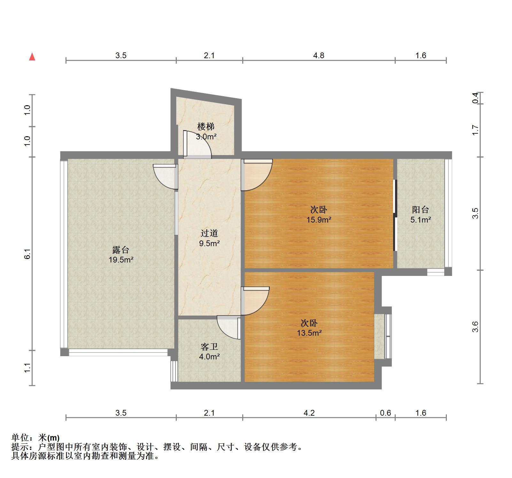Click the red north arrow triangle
tap(32, 57)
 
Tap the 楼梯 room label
tap(206, 127)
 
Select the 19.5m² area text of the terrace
tap(121, 260)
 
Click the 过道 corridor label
tap(209, 233)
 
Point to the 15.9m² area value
tap(319, 220)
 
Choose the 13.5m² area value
tap(309, 333)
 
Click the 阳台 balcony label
tap(421, 210)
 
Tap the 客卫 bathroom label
tap(209, 347)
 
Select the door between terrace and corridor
tap(166, 176)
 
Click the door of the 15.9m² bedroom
tap(257, 175)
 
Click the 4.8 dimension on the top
tap(319, 55)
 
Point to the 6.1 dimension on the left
tap(27, 254)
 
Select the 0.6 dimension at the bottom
tap(385, 413)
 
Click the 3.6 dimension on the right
tap(476, 326)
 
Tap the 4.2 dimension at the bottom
tap(309, 413)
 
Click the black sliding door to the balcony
tap(395, 215)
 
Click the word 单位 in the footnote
tap(20, 438)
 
